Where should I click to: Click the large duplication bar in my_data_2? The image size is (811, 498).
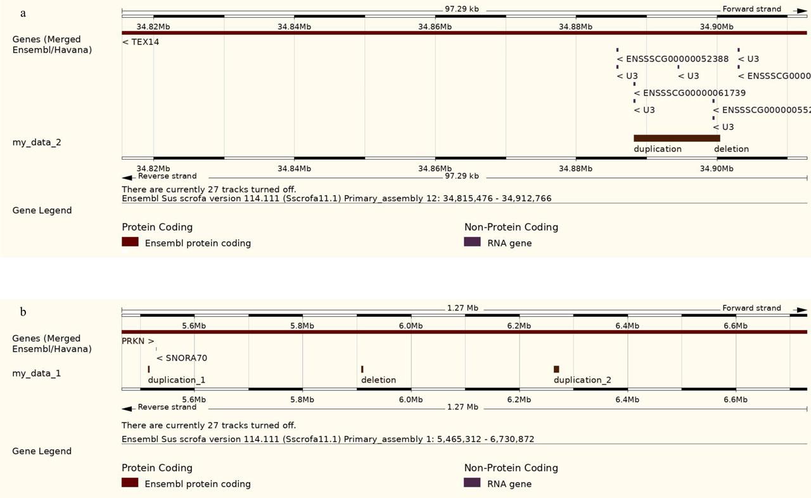pyautogui.click(x=677, y=138)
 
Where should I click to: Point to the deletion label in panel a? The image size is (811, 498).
pyautogui.click(x=731, y=149)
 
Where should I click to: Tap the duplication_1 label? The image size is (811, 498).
pyautogui.click(x=177, y=380)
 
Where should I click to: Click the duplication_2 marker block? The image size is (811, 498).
pyautogui.click(x=556, y=369)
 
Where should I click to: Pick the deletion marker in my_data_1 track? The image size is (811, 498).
pyautogui.click(x=362, y=369)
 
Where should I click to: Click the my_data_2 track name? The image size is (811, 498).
pyautogui.click(x=37, y=143)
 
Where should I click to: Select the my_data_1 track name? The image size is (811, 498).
pyautogui.click(x=37, y=374)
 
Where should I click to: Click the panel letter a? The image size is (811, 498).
pyautogui.click(x=23, y=13)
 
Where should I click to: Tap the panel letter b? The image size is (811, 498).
pyautogui.click(x=23, y=312)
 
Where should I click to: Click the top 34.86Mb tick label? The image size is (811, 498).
pyautogui.click(x=435, y=27)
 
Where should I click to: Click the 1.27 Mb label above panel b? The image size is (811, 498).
pyautogui.click(x=463, y=308)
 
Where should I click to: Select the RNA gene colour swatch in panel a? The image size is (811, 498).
pyautogui.click(x=472, y=242)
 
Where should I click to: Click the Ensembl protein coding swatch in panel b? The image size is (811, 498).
pyautogui.click(x=130, y=483)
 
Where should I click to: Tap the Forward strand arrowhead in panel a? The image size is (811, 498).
pyautogui.click(x=802, y=10)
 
